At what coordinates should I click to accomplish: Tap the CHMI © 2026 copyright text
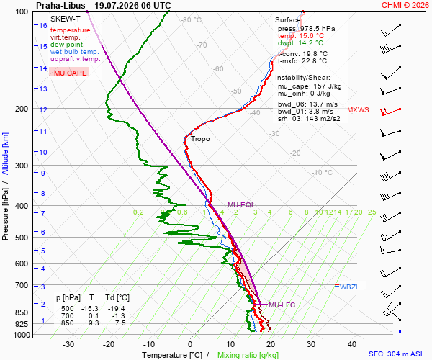tap(405, 5)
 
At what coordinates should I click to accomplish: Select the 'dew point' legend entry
tap(66, 45)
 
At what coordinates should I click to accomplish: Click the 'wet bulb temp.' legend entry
tap(74, 52)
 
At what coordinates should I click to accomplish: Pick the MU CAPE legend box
tap(69, 73)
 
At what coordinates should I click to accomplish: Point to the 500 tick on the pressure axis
tap(22, 238)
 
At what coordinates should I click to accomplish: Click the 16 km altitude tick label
tap(43, 25)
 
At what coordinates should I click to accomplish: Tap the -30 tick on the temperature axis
tap(68, 344)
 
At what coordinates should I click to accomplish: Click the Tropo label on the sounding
tap(200, 139)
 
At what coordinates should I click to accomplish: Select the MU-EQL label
tap(241, 205)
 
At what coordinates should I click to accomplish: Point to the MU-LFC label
tap(282, 305)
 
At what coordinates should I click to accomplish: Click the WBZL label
tap(349, 287)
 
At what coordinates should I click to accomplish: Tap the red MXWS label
tap(358, 110)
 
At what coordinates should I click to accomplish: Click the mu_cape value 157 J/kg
tap(328, 86)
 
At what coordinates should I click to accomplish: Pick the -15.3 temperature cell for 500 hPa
tap(90, 308)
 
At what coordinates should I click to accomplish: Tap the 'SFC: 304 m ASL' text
tap(397, 354)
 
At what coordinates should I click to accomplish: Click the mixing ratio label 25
tap(372, 212)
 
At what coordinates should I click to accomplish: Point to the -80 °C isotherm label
tap(192, 20)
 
